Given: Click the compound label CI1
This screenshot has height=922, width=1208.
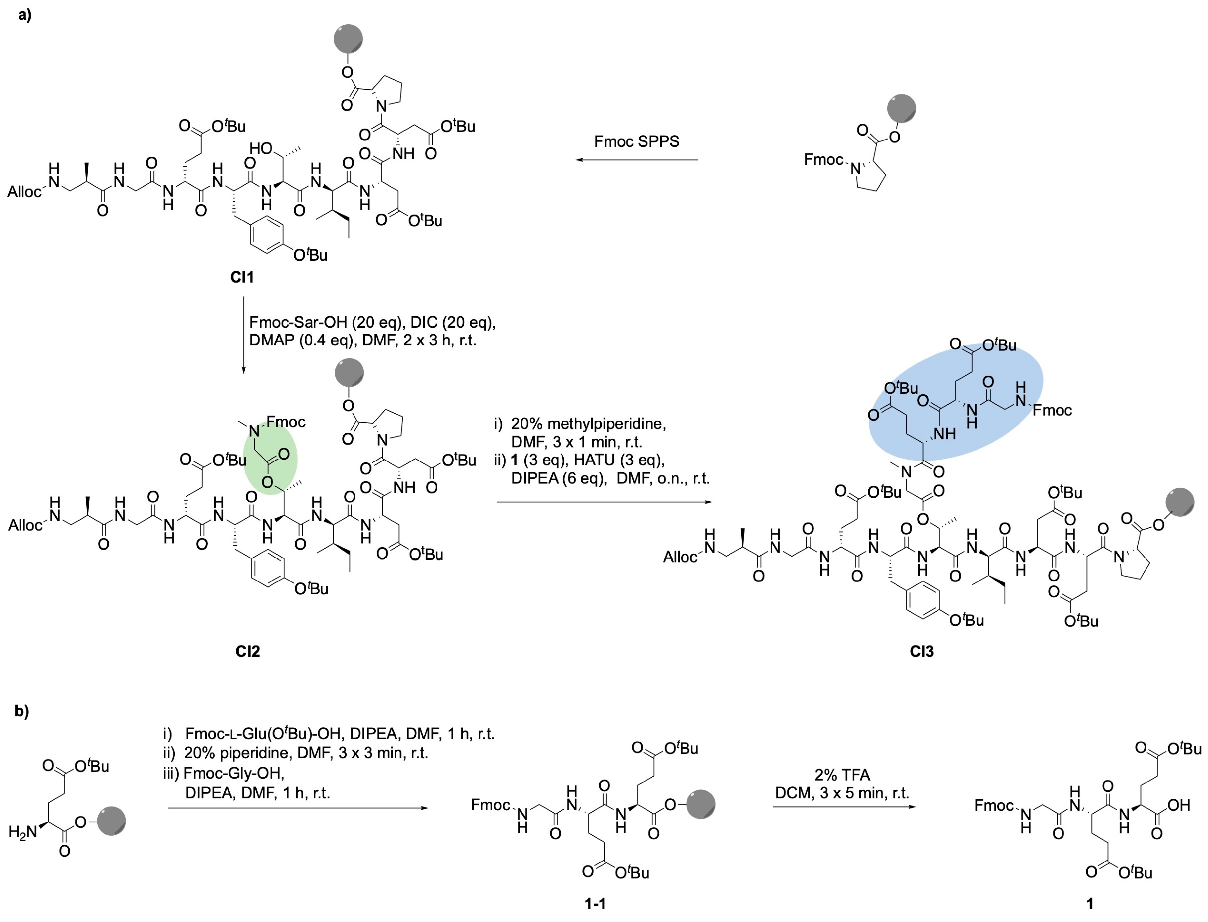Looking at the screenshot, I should pos(242,277).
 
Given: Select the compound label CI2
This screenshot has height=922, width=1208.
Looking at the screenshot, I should pos(248,652).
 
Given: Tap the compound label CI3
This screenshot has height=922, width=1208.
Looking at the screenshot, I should pos(922,652).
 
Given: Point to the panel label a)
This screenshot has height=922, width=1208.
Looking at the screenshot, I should pos(25,15).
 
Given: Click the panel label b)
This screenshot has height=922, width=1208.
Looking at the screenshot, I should pos(22,712).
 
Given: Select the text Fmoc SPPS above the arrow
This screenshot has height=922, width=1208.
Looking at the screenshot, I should pos(637,141).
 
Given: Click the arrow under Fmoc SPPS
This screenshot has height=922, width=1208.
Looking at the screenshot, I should pos(637,160).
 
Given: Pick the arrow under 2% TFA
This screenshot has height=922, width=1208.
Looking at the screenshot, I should pos(845,807).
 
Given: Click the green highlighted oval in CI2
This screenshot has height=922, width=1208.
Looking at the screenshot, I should pos(270,460).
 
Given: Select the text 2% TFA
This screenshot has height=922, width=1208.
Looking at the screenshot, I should pos(843,775).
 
